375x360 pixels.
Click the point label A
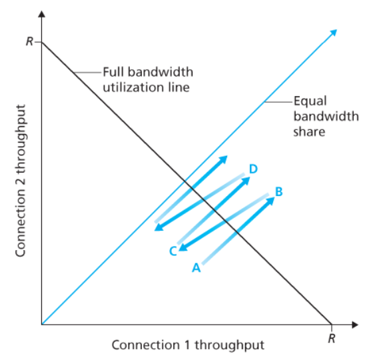[196, 267]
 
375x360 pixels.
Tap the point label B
[279, 191]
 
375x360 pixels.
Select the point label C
[173, 251]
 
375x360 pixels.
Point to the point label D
[253, 169]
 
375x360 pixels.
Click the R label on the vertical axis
[29, 41]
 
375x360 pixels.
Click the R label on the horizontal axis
[332, 338]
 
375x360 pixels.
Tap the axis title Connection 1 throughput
[188, 345]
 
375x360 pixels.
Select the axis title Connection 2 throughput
[21, 181]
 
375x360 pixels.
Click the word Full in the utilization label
[113, 72]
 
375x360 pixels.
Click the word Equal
[310, 101]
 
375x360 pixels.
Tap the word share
[309, 131]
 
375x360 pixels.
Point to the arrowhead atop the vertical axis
[42, 14]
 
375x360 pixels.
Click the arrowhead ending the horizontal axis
[355, 325]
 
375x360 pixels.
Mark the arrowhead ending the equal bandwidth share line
[334, 33]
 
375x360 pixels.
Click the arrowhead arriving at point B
[270, 201]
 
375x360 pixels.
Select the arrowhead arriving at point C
[183, 247]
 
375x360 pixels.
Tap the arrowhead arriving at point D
[246, 181]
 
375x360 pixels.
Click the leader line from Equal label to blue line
[278, 102]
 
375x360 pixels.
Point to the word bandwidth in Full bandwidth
[161, 72]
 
